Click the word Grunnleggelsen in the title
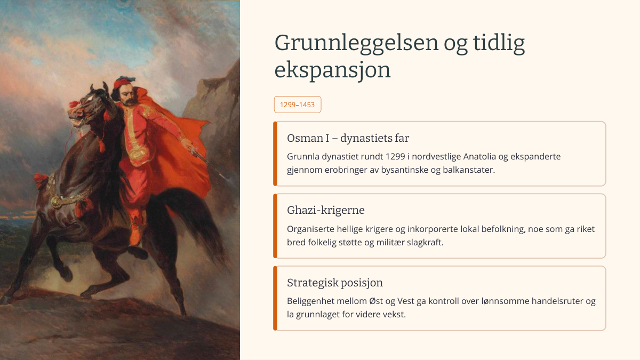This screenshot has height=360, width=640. [x=356, y=43]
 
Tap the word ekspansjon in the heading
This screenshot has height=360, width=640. [x=332, y=70]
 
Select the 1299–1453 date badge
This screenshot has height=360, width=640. [x=298, y=105]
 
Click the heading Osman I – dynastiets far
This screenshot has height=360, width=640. [x=348, y=138]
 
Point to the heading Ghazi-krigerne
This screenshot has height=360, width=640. [x=326, y=210]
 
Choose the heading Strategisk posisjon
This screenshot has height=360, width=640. [x=335, y=283]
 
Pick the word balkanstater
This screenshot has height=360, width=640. [x=469, y=170]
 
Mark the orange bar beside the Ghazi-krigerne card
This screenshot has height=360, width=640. [x=275, y=226]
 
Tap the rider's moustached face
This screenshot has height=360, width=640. [x=127, y=95]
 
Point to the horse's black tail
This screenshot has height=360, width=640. [x=191, y=220]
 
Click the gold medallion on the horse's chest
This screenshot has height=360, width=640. [x=56, y=202]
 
